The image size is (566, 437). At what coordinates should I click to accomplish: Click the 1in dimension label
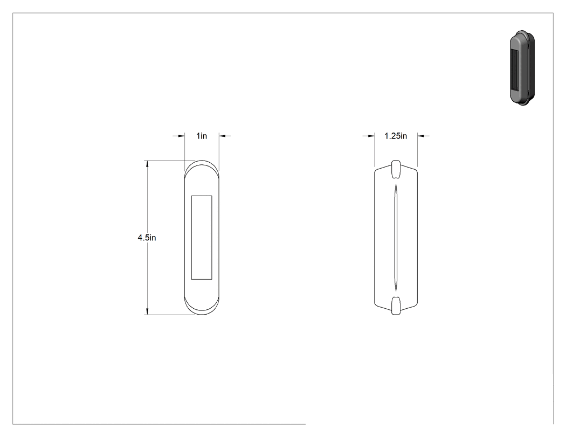pos(202,136)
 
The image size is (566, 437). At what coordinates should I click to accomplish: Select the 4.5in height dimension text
pos(147,238)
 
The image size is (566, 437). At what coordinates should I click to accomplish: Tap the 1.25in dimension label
pos(396,136)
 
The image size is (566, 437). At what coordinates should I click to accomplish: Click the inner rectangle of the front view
pos(202,238)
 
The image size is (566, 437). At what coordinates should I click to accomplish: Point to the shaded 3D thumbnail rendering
pos(522,68)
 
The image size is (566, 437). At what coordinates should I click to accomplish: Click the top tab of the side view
pos(396,169)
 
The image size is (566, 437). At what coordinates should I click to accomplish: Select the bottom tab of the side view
pos(396,306)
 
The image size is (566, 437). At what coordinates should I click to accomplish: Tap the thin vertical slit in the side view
pos(396,238)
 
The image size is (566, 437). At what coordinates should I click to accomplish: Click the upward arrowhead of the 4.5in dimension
pos(147,164)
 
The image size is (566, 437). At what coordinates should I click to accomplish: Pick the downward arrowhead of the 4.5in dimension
pos(147,311)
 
